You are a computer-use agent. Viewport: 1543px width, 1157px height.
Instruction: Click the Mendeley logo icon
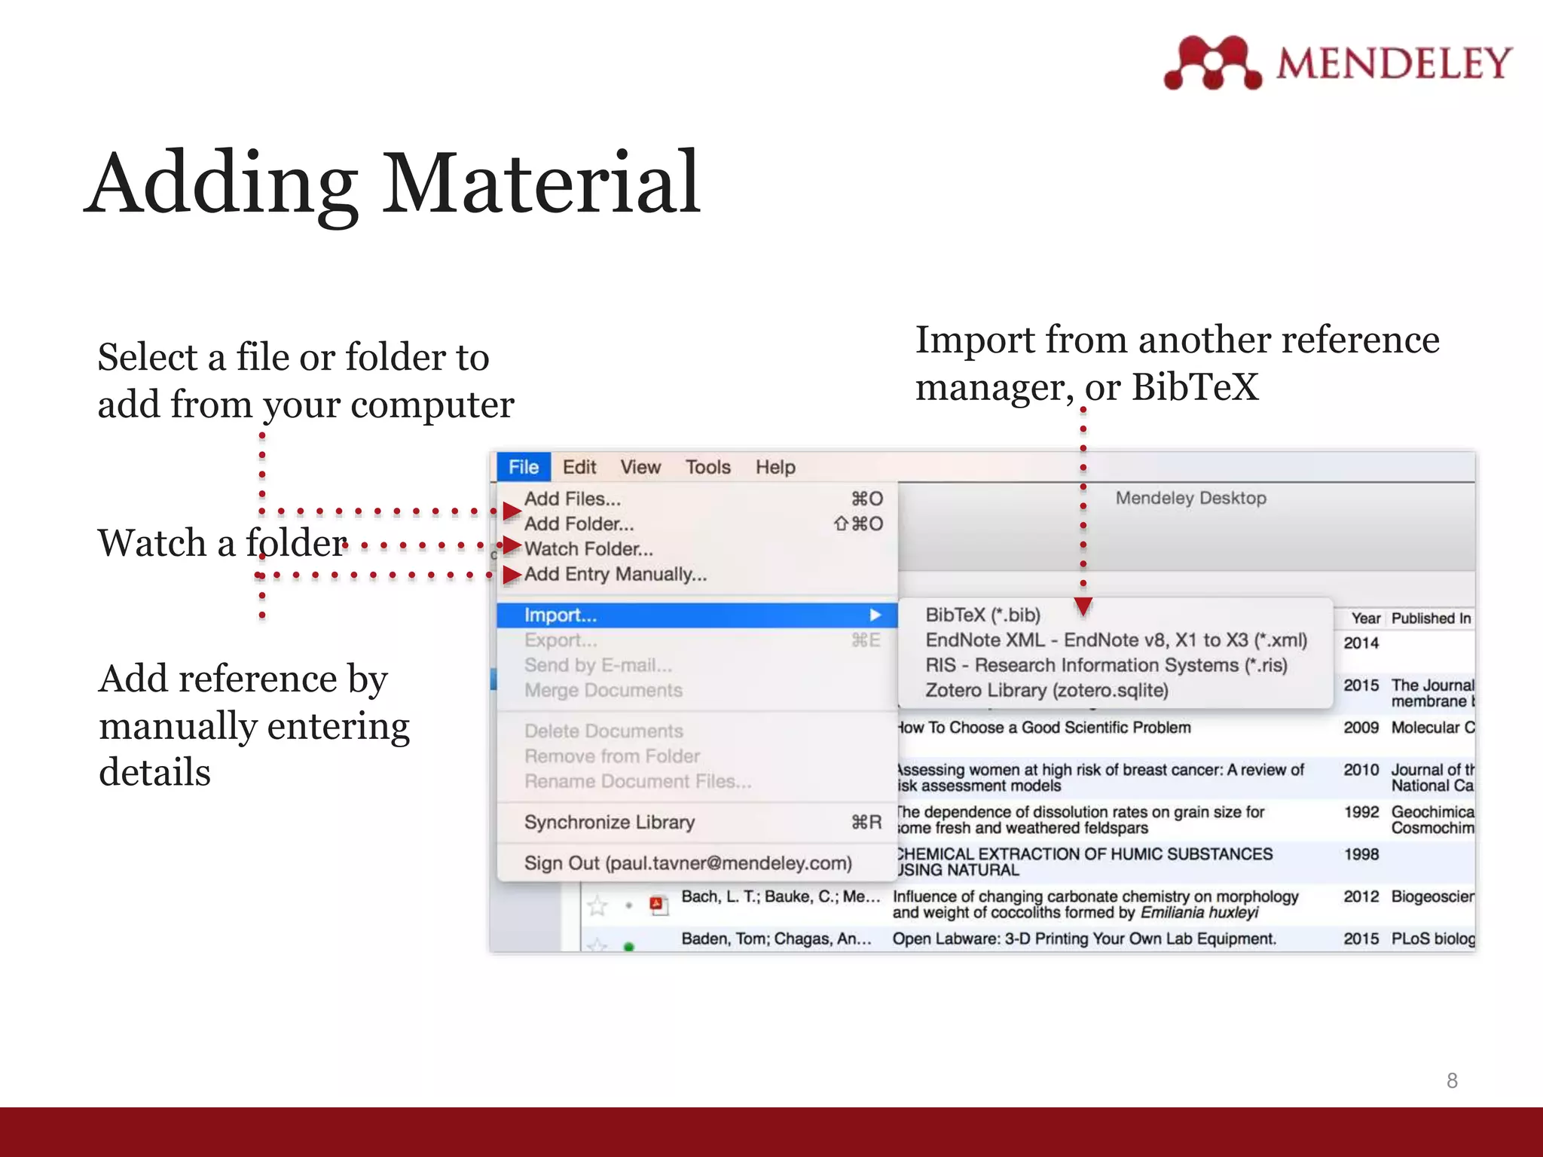1212,63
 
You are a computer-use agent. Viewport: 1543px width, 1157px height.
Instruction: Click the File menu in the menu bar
524,467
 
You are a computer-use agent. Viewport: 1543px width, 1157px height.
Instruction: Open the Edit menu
579,467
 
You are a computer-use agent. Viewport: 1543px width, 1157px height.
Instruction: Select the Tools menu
707,467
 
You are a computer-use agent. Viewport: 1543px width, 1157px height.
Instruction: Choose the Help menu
775,467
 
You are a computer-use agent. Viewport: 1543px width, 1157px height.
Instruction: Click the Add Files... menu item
573,499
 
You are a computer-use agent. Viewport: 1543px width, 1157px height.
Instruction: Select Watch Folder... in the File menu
588,549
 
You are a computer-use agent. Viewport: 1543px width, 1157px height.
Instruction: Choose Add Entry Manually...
616,574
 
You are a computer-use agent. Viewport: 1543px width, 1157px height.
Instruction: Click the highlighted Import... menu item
561,615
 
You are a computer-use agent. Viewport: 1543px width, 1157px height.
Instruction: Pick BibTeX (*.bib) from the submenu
982,615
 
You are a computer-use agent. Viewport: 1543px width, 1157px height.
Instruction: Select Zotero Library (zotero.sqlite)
1046,690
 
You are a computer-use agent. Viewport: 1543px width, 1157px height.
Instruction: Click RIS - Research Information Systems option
1106,665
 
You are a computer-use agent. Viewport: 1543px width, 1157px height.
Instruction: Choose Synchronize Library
610,822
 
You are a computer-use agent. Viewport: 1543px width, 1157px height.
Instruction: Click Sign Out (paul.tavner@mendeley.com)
688,863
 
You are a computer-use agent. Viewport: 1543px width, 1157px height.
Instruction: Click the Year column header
1365,618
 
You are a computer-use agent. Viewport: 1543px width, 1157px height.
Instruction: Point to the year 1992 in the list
1361,812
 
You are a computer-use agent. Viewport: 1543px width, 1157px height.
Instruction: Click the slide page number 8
1452,1081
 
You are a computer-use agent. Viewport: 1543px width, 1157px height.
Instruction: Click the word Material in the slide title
542,183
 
